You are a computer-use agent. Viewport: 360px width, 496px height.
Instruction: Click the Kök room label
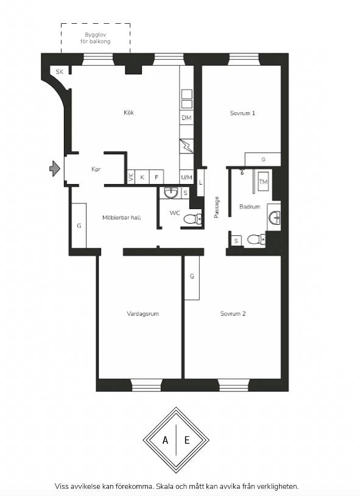[129, 113]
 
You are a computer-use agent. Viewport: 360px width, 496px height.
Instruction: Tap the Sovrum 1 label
[242, 113]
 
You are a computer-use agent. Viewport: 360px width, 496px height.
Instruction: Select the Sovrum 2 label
[233, 313]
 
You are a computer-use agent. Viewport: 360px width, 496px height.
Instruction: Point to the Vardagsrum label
[143, 314]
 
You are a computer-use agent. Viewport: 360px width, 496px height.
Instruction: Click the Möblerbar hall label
[121, 218]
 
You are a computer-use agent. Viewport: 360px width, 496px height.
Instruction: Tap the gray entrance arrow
[55, 169]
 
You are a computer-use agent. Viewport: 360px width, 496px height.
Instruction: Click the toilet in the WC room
[192, 219]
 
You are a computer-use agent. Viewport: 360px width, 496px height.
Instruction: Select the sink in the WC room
[171, 193]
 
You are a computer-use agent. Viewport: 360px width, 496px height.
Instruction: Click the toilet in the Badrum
[256, 239]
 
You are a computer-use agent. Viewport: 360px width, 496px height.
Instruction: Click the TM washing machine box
[263, 182]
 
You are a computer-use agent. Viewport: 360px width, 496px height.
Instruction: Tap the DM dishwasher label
[186, 118]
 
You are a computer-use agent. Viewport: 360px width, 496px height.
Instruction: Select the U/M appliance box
[186, 177]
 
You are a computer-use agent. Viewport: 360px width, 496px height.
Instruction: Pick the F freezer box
[157, 177]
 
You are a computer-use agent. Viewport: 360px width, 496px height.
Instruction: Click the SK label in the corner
[60, 72]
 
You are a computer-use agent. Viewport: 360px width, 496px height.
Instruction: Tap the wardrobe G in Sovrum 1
[263, 160]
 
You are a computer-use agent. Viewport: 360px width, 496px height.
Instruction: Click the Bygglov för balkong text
[95, 38]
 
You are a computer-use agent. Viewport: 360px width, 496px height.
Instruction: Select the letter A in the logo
[165, 440]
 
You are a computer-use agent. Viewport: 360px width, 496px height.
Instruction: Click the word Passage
[217, 207]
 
